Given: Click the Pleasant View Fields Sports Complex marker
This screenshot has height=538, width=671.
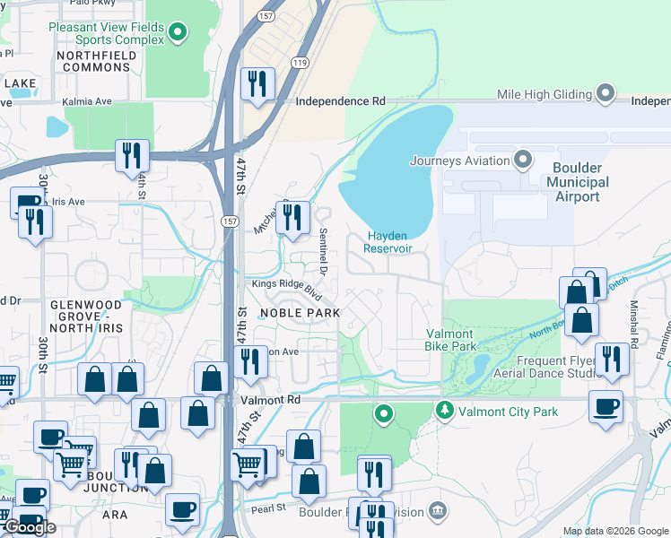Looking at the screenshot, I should coord(178,34).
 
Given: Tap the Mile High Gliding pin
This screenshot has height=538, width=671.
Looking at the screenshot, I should coord(607,94).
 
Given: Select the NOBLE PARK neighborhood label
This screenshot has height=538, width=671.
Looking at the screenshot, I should coord(300,312).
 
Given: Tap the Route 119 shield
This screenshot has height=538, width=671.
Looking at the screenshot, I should coord(299,62).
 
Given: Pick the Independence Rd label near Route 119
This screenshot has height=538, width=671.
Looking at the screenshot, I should coord(340,102).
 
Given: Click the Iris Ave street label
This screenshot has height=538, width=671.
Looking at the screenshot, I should coord(69,202).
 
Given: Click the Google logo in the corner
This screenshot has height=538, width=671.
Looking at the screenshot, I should coord(29,527).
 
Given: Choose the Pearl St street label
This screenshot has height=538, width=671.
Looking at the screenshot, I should coord(267,508).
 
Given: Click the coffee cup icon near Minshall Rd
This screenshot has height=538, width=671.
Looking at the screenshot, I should coord(606,405).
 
